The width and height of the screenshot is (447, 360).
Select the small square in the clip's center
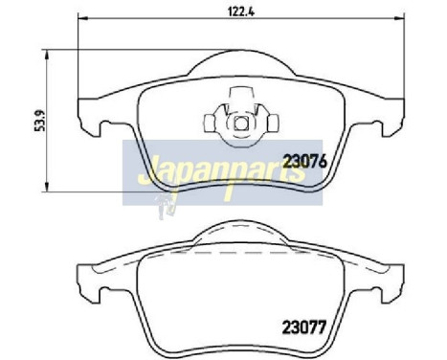pyautogui.click(x=240, y=123)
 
